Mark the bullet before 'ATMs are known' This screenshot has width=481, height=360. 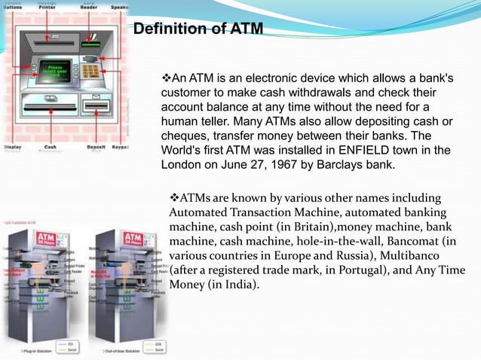173,199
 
